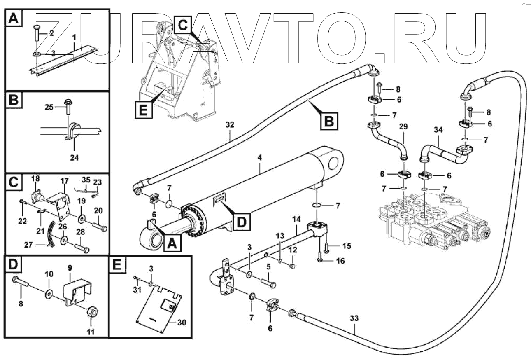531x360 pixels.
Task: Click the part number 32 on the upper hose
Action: coord(230,125)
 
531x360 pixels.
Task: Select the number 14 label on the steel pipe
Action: coord(297,219)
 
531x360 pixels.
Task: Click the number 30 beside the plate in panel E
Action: coord(181,322)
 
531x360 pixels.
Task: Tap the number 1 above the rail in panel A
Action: coord(74,37)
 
